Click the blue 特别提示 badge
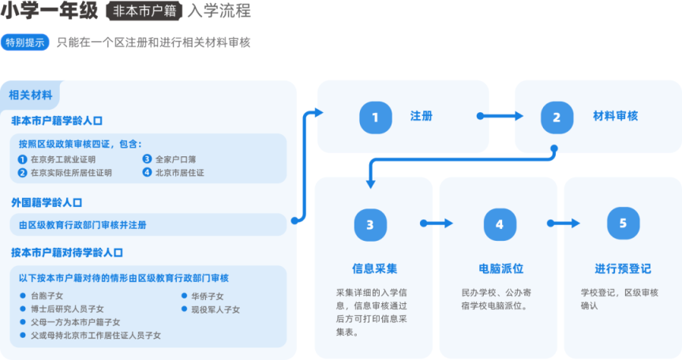coord(25,43)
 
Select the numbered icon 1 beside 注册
coord(375,117)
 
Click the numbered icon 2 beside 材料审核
coord(556,117)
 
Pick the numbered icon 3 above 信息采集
coord(370,224)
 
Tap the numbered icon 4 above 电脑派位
coord(499,224)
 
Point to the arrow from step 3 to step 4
coord(435,224)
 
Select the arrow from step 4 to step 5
coord(562,224)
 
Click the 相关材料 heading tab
coord(31,95)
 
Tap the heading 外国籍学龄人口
coord(47,203)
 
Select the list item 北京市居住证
coord(179,172)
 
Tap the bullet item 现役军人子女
coord(215,309)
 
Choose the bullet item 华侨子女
coord(207,296)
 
